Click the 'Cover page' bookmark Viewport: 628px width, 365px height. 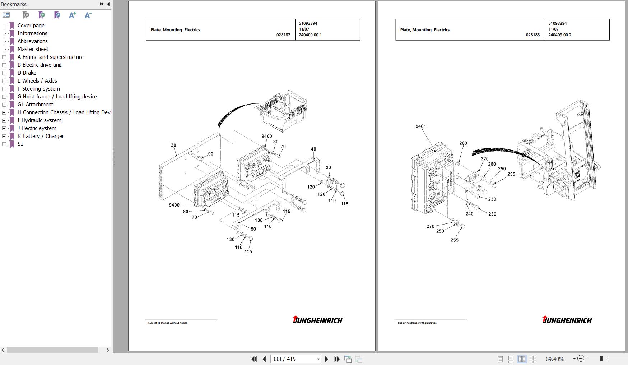tap(31, 26)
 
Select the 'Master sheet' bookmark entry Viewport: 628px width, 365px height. tap(33, 49)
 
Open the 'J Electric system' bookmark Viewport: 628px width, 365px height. tap(37, 128)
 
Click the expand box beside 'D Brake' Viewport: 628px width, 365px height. tap(4, 73)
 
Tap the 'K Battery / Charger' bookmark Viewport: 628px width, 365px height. tap(41, 136)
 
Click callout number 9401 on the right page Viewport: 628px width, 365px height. tap(421, 126)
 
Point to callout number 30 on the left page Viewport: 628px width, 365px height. tap(173, 145)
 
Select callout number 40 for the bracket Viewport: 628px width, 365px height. tap(313, 149)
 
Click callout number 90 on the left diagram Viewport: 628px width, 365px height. tap(210, 154)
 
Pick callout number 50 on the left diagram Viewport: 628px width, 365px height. tap(253, 229)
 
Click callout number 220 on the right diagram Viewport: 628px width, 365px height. tap(485, 159)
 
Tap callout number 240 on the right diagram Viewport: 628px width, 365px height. tap(469, 214)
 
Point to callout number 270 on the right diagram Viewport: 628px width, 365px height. tap(431, 226)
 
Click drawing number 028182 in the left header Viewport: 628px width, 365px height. tap(283, 35)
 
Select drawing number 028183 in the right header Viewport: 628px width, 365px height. tap(533, 35)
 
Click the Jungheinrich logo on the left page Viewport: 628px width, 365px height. tap(317, 320)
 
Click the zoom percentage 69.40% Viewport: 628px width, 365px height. tap(555, 359)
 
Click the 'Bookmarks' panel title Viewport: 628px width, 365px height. tap(14, 4)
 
